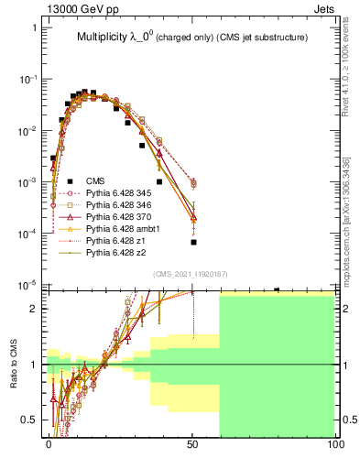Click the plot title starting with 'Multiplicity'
pyautogui.click(x=191, y=38)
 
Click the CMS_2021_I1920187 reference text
pyautogui.click(x=191, y=274)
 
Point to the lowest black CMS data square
pyautogui.click(x=193, y=243)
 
